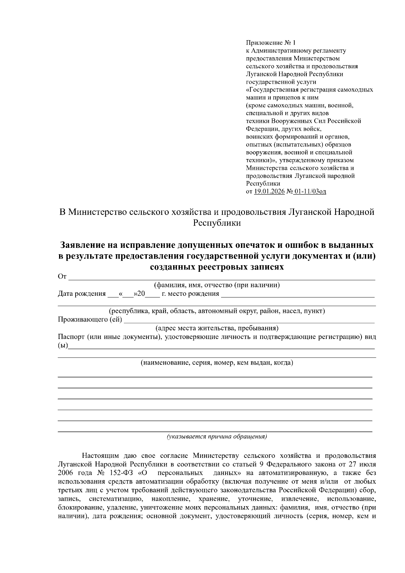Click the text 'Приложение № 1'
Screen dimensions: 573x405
point(270,43)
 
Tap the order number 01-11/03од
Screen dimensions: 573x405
point(310,192)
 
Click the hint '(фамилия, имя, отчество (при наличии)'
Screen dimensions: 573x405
point(217,285)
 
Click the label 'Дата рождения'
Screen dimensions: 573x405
point(82,294)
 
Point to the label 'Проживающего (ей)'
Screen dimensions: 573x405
point(90,319)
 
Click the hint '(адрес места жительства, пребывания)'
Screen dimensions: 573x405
point(217,328)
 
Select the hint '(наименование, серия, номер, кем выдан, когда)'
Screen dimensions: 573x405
point(217,363)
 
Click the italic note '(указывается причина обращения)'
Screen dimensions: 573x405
point(217,437)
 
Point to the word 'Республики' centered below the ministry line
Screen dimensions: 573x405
point(217,223)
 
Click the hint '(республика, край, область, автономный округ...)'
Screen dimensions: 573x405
point(217,311)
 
